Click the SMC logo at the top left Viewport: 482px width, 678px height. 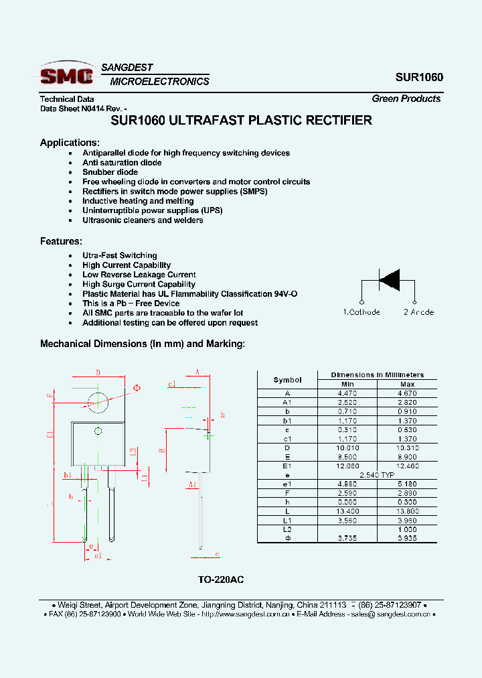(66, 74)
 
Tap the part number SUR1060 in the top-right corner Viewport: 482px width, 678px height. (419, 77)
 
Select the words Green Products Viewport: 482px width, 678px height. (406, 98)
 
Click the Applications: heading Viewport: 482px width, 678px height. (70, 142)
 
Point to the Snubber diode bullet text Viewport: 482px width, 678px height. (110, 172)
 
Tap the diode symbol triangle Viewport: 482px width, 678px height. (389, 279)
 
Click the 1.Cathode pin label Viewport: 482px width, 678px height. (361, 312)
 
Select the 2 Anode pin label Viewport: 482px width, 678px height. (418, 312)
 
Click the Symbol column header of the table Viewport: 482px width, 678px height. (287, 380)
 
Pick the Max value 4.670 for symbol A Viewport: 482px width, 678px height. (407, 393)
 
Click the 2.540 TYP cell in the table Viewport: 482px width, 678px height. (377, 474)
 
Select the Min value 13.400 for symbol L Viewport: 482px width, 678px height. (347, 511)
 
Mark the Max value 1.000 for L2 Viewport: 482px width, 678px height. (407, 529)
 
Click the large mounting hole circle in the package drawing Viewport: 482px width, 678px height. (98, 403)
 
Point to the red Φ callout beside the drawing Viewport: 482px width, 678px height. (137, 388)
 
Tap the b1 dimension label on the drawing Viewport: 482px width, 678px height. (68, 475)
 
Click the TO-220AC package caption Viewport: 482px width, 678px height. (226, 580)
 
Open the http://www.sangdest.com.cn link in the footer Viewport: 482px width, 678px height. (245, 614)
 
